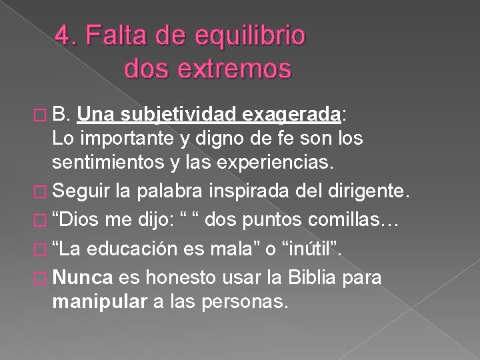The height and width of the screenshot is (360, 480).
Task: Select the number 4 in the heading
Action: point(61,35)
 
